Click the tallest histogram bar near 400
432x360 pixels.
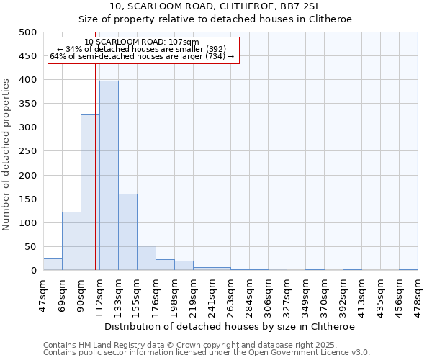(109, 176)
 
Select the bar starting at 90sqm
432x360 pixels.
(90, 192)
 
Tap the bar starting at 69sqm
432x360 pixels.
(71, 241)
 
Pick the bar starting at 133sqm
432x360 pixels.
(127, 232)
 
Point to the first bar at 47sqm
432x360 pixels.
(53, 264)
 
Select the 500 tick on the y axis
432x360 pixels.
(27, 32)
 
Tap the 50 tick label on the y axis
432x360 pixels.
(30, 247)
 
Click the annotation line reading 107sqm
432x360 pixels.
(142, 42)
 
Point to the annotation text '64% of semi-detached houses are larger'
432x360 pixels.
(142, 56)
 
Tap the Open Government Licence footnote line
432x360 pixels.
(207, 353)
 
